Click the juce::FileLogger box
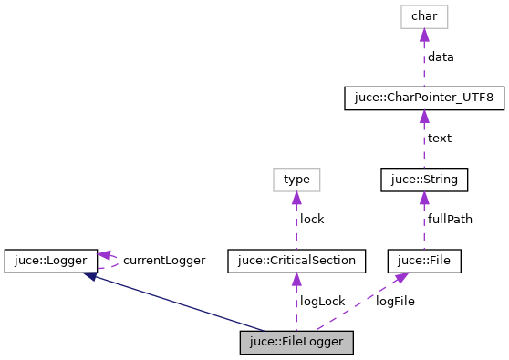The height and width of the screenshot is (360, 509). (x=296, y=343)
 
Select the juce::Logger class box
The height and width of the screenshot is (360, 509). (x=50, y=261)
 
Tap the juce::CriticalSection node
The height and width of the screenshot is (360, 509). (x=296, y=261)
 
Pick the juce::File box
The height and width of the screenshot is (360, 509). (x=424, y=261)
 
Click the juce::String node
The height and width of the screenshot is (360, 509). (x=424, y=180)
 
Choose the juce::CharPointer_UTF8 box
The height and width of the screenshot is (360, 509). (x=424, y=98)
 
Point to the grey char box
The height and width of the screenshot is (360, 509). (x=424, y=15)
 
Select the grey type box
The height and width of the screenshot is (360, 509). (x=296, y=180)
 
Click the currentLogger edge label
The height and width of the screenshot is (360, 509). (x=164, y=261)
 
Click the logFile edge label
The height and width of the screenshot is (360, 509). (x=395, y=302)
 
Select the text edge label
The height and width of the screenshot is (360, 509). (x=440, y=139)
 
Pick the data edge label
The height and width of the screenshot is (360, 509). (x=441, y=57)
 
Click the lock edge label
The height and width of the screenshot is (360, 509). (x=312, y=220)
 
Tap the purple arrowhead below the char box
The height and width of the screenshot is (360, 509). (x=424, y=35)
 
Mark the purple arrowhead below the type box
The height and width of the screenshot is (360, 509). (x=296, y=198)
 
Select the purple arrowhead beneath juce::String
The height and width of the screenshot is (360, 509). (x=424, y=198)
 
